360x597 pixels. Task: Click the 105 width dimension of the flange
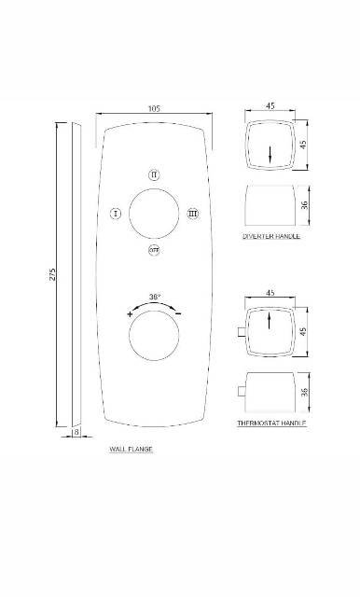pyautogui.click(x=154, y=108)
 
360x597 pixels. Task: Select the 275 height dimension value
pyautogui.click(x=52, y=274)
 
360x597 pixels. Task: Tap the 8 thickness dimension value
pyautogui.click(x=76, y=432)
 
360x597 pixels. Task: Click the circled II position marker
pyautogui.click(x=154, y=174)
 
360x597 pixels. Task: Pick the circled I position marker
pyautogui.click(x=116, y=214)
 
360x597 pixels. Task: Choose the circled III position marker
pyautogui.click(x=193, y=214)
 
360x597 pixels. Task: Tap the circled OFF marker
pyautogui.click(x=154, y=250)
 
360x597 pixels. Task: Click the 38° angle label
pyautogui.click(x=155, y=297)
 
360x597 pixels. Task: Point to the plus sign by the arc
pyautogui.click(x=131, y=314)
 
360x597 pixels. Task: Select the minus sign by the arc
pyautogui.click(x=178, y=313)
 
